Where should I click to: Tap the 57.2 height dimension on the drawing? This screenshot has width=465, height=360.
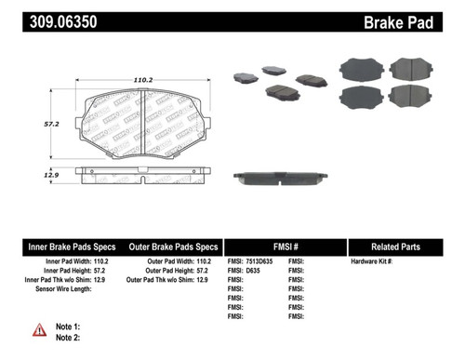tap(31, 122)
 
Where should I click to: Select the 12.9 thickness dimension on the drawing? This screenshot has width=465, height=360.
tap(31, 174)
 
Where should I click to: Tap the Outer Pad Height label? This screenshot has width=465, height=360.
tap(159, 271)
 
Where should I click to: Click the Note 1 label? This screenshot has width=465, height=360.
tap(69, 327)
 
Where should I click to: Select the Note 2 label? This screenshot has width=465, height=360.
tap(69, 338)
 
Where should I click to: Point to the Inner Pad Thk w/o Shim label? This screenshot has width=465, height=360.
tap(60, 280)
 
